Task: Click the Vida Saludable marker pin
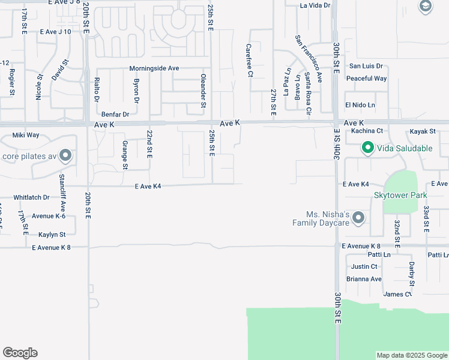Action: click(366, 148)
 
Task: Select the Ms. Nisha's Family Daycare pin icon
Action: click(358, 217)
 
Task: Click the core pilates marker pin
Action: click(65, 157)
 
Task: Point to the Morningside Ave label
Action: click(154, 68)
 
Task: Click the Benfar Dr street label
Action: click(115, 114)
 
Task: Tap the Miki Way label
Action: click(26, 136)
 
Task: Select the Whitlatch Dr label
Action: click(31, 197)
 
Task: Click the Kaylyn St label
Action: click(49, 235)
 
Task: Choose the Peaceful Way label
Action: click(366, 79)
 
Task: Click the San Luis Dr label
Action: click(366, 66)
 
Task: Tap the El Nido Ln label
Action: click(360, 105)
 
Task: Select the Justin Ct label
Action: click(364, 266)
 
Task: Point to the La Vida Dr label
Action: click(315, 5)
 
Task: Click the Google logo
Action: click(20, 353)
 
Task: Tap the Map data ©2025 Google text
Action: click(412, 355)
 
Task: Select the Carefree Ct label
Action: click(250, 60)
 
